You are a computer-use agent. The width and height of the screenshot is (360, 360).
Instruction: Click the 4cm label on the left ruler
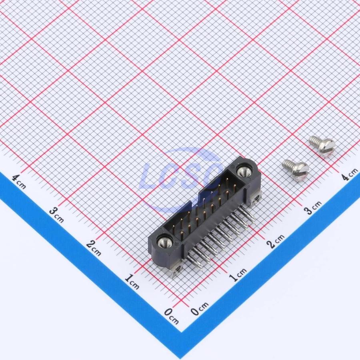click(19, 181)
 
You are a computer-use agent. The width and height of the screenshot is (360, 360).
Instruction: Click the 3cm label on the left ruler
click(56, 214)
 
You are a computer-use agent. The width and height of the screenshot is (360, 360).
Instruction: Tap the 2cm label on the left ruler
click(94, 248)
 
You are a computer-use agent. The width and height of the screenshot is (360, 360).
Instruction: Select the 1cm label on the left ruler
click(132, 282)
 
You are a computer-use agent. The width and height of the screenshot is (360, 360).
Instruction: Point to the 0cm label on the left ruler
click(172, 316)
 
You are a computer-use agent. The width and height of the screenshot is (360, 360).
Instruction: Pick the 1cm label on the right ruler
click(238, 274)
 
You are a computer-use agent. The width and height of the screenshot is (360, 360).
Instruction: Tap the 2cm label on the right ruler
click(276, 241)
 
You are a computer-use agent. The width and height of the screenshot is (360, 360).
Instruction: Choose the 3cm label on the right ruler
click(313, 207)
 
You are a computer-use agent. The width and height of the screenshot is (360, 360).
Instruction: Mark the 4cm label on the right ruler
click(349, 174)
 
